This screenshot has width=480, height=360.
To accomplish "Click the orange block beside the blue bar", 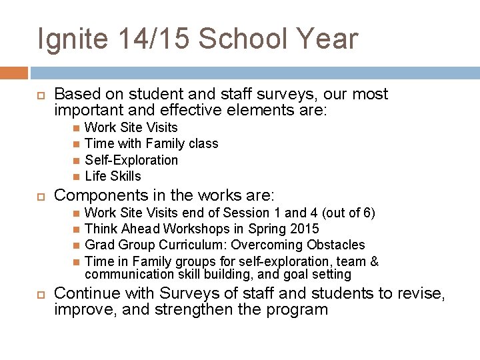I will point(14,73).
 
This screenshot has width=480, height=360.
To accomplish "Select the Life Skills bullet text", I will point(113,176).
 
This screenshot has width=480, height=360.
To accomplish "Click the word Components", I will point(99,195).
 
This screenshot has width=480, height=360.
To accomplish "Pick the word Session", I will point(245,213).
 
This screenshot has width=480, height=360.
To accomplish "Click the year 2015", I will point(304,229).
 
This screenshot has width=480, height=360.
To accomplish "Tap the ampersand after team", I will point(374,261).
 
